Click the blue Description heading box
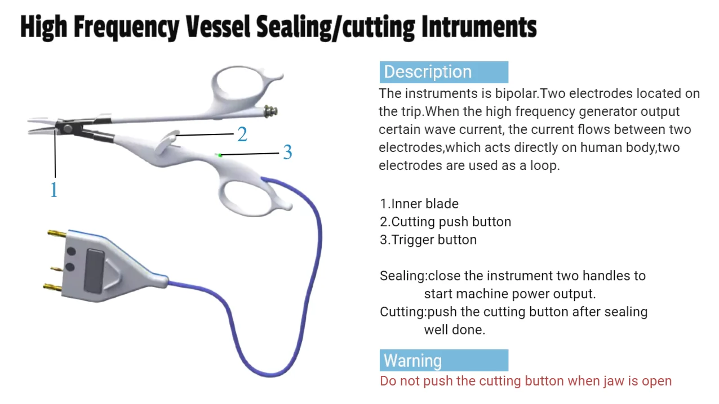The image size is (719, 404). [443, 73]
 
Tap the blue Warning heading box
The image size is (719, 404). [443, 361]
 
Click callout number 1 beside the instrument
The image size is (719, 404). [54, 190]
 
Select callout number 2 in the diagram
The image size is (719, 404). [242, 135]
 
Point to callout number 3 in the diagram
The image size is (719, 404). [287, 152]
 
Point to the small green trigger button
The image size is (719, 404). [220, 155]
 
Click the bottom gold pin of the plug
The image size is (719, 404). [52, 288]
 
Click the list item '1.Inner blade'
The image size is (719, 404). [419, 204]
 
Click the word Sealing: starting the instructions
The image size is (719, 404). [403, 276]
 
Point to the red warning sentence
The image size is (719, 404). [526, 381]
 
